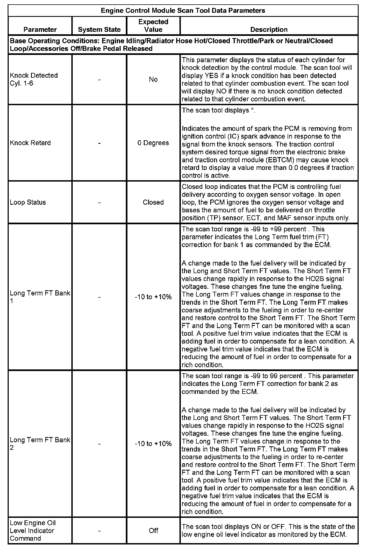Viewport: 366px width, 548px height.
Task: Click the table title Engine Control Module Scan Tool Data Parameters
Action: pyautogui.click(x=183, y=11)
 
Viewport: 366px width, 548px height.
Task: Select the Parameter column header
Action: pyautogui.click(x=40, y=29)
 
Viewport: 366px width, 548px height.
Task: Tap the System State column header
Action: pyautogui.click(x=99, y=29)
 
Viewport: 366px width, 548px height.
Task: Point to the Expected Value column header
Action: pyautogui.click(x=153, y=26)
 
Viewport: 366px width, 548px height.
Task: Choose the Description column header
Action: pyautogui.click(x=269, y=29)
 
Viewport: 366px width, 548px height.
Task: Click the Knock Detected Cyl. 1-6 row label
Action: pyautogui.click(x=34, y=79)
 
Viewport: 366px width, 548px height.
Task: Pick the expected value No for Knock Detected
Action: pyautogui.click(x=153, y=79)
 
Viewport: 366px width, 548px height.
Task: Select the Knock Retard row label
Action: pyautogui.click(x=30, y=143)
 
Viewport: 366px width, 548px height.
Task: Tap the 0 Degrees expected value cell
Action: pyautogui.click(x=153, y=143)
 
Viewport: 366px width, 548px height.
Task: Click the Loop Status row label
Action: pyautogui.click(x=28, y=202)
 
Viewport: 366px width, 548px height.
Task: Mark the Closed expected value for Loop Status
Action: pyautogui.click(x=153, y=202)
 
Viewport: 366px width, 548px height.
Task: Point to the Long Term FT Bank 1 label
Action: pyautogui.click(x=40, y=297)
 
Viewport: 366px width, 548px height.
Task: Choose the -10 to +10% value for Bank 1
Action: pyautogui.click(x=153, y=297)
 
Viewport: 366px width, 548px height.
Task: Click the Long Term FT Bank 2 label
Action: pyautogui.click(x=40, y=444)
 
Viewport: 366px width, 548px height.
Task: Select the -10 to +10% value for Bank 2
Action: pyautogui.click(x=153, y=444)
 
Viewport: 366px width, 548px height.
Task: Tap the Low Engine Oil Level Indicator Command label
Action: pyautogui.click(x=33, y=530)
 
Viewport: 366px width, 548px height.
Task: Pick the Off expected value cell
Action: pyautogui.click(x=153, y=531)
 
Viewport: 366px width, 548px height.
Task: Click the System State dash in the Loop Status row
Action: pyautogui.click(x=99, y=202)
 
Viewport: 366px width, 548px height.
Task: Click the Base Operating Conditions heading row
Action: pyautogui.click(x=171, y=45)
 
